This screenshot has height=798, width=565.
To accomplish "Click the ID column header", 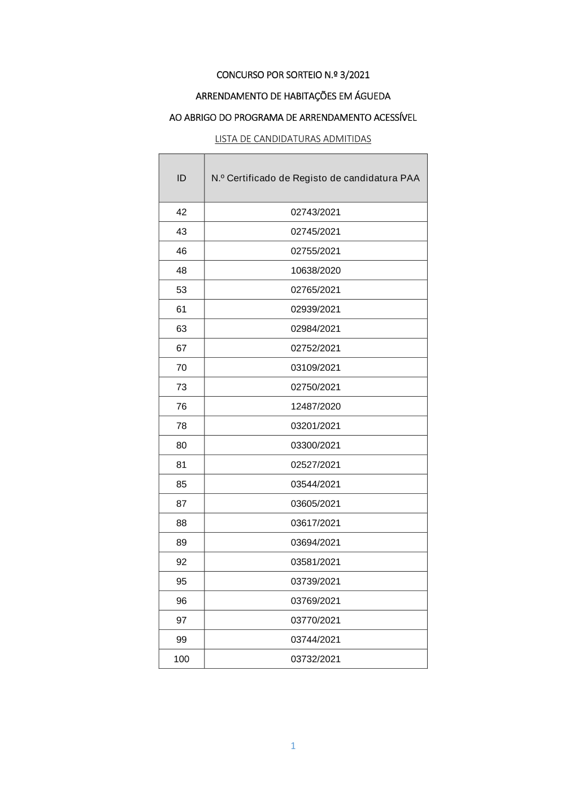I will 181,178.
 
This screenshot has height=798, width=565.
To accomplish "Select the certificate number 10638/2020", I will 315,270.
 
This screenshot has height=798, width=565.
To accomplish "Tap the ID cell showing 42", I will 181,212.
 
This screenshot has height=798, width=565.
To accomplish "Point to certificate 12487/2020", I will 315,406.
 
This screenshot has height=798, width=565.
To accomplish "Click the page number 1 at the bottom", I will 293,746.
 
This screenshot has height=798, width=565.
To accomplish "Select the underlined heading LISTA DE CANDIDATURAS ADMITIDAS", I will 293,139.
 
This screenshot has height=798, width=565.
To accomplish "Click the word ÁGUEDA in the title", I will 372,96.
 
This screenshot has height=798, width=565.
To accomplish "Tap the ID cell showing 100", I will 181,659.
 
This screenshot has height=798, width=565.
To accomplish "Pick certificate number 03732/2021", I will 315,659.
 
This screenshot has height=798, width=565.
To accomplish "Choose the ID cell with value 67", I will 181,348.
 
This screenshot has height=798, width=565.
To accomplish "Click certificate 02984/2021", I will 315,328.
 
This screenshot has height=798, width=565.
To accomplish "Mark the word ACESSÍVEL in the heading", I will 395,117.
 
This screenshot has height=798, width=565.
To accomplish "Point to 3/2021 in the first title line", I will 355,74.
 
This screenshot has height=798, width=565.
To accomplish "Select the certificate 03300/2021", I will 315,445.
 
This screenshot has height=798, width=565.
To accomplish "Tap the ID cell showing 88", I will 181,523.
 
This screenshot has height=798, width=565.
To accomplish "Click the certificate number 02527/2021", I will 315,464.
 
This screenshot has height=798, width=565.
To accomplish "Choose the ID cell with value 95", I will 181,581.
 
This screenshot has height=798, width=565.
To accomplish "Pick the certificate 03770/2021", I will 315,620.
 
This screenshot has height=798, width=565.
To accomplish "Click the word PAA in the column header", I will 410,178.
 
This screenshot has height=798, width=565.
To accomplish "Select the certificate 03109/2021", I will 315,367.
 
